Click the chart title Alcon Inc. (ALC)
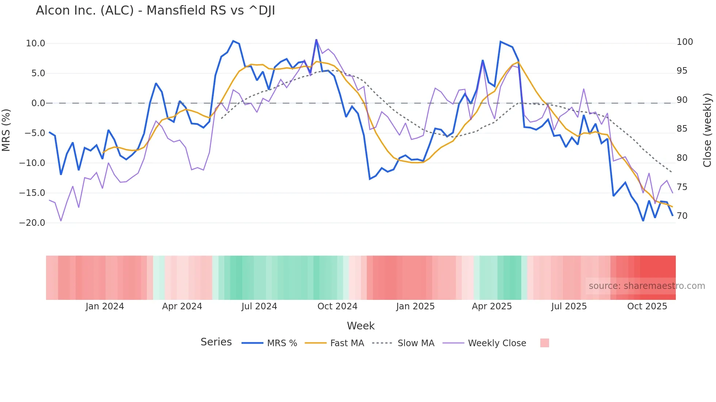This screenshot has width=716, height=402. coord(155,11)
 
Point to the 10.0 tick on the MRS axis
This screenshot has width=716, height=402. coord(35,43)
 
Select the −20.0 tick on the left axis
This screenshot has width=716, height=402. coord(32,223)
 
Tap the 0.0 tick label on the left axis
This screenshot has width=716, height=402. coord(38,103)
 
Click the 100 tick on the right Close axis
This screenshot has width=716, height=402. coord(685,42)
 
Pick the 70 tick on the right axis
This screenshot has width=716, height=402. coord(682,216)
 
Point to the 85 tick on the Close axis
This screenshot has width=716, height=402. coord(682,129)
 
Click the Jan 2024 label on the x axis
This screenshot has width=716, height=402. coord(105,306)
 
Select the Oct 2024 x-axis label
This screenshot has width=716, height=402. coord(337,306)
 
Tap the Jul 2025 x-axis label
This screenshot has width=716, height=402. coord(569,306)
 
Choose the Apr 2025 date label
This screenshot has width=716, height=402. coord(492,306)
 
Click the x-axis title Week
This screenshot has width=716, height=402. coord(361,326)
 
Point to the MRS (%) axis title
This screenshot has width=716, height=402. coord(6,130)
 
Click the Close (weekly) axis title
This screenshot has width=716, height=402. coord(708,130)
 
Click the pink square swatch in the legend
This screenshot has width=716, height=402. coord(544,343)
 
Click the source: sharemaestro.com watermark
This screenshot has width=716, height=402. coord(647,286)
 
